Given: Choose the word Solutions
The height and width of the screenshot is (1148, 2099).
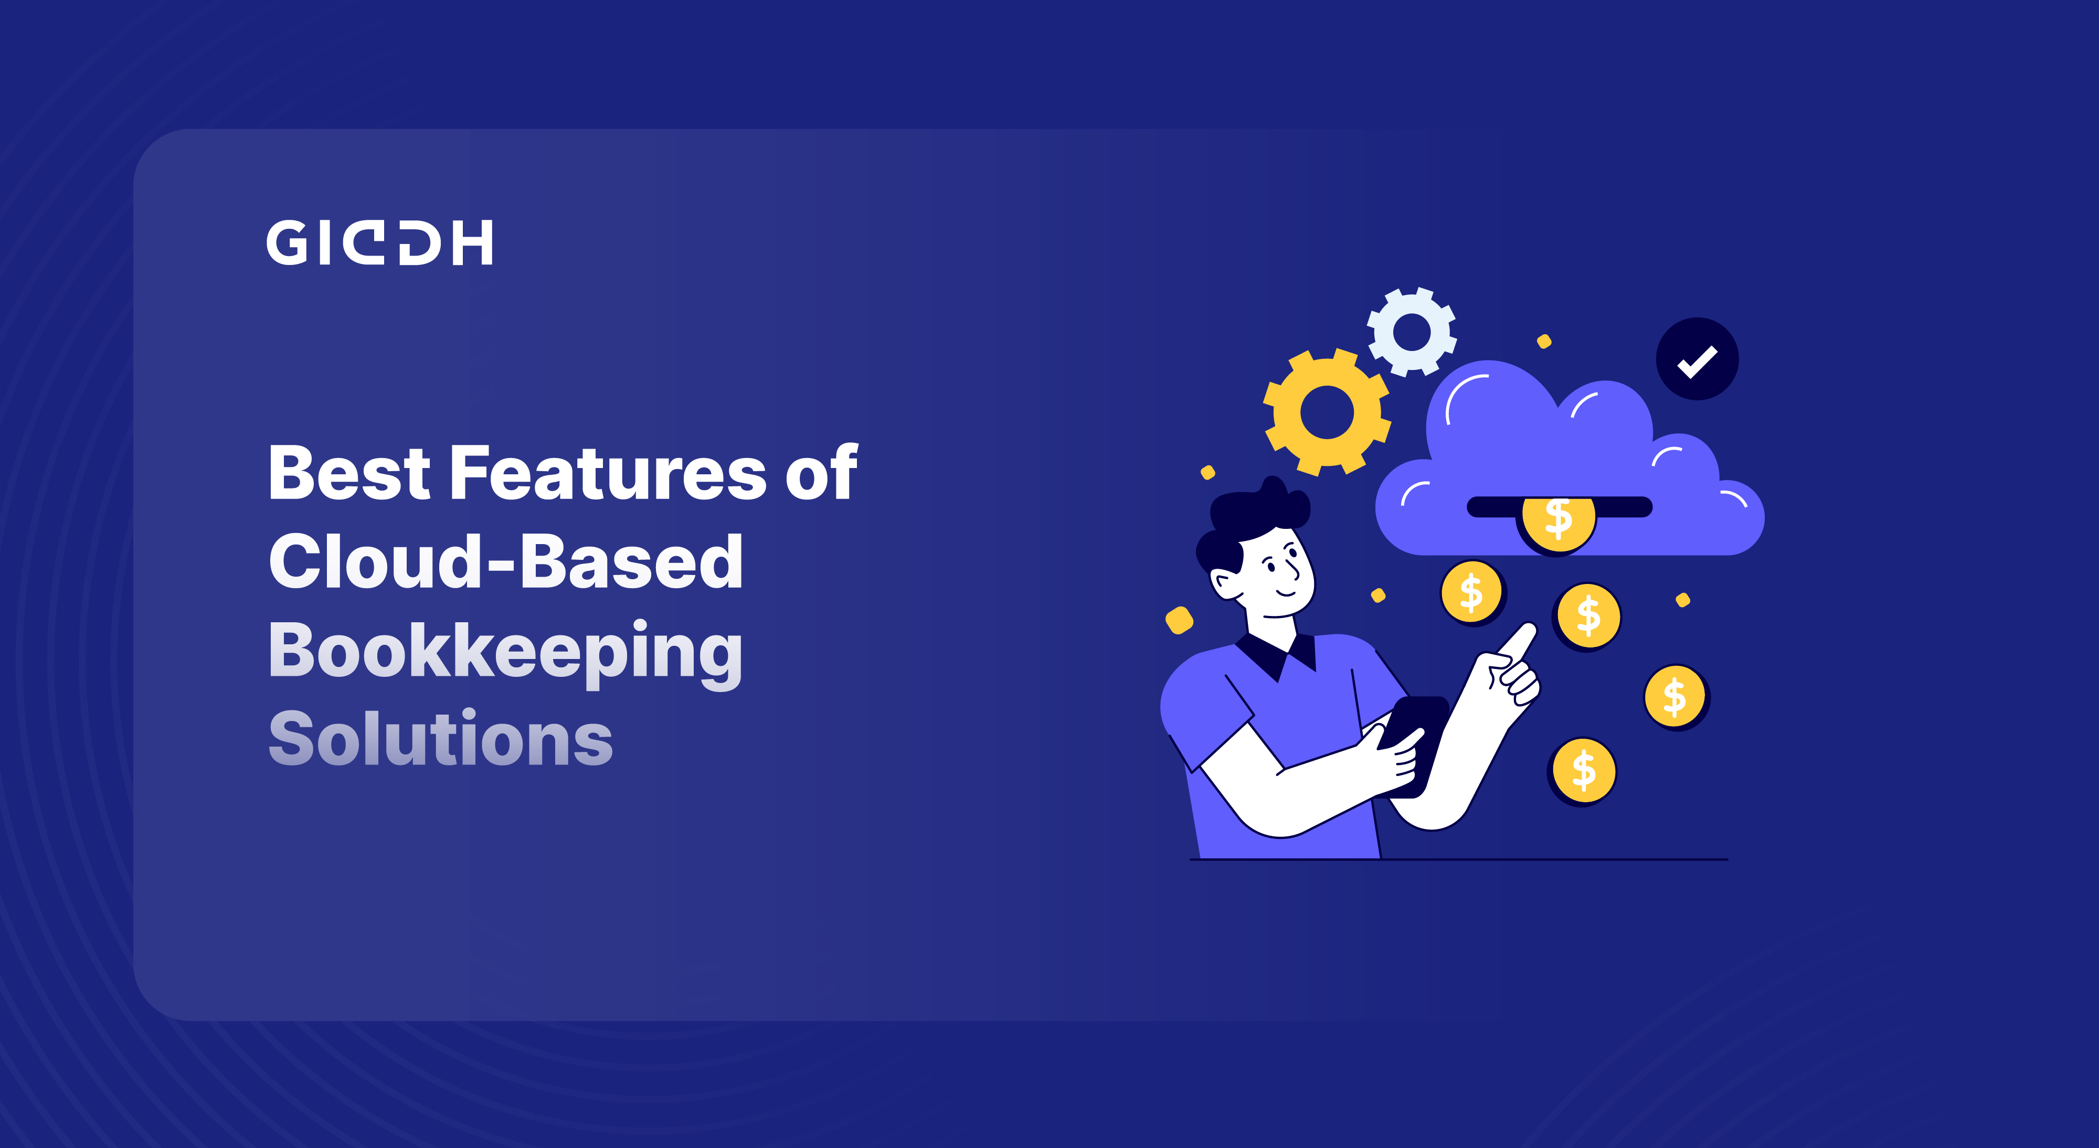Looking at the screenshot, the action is click(441, 738).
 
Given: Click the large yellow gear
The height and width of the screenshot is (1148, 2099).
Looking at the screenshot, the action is click(1327, 412).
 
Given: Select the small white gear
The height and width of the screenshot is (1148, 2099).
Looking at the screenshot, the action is click(1412, 332).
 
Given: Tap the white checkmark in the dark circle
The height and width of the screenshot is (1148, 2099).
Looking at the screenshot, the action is click(1697, 361).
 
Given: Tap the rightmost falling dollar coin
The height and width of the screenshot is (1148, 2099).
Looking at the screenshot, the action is click(1676, 697).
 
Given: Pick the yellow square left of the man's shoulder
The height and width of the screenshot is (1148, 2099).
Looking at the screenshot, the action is click(1179, 620).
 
